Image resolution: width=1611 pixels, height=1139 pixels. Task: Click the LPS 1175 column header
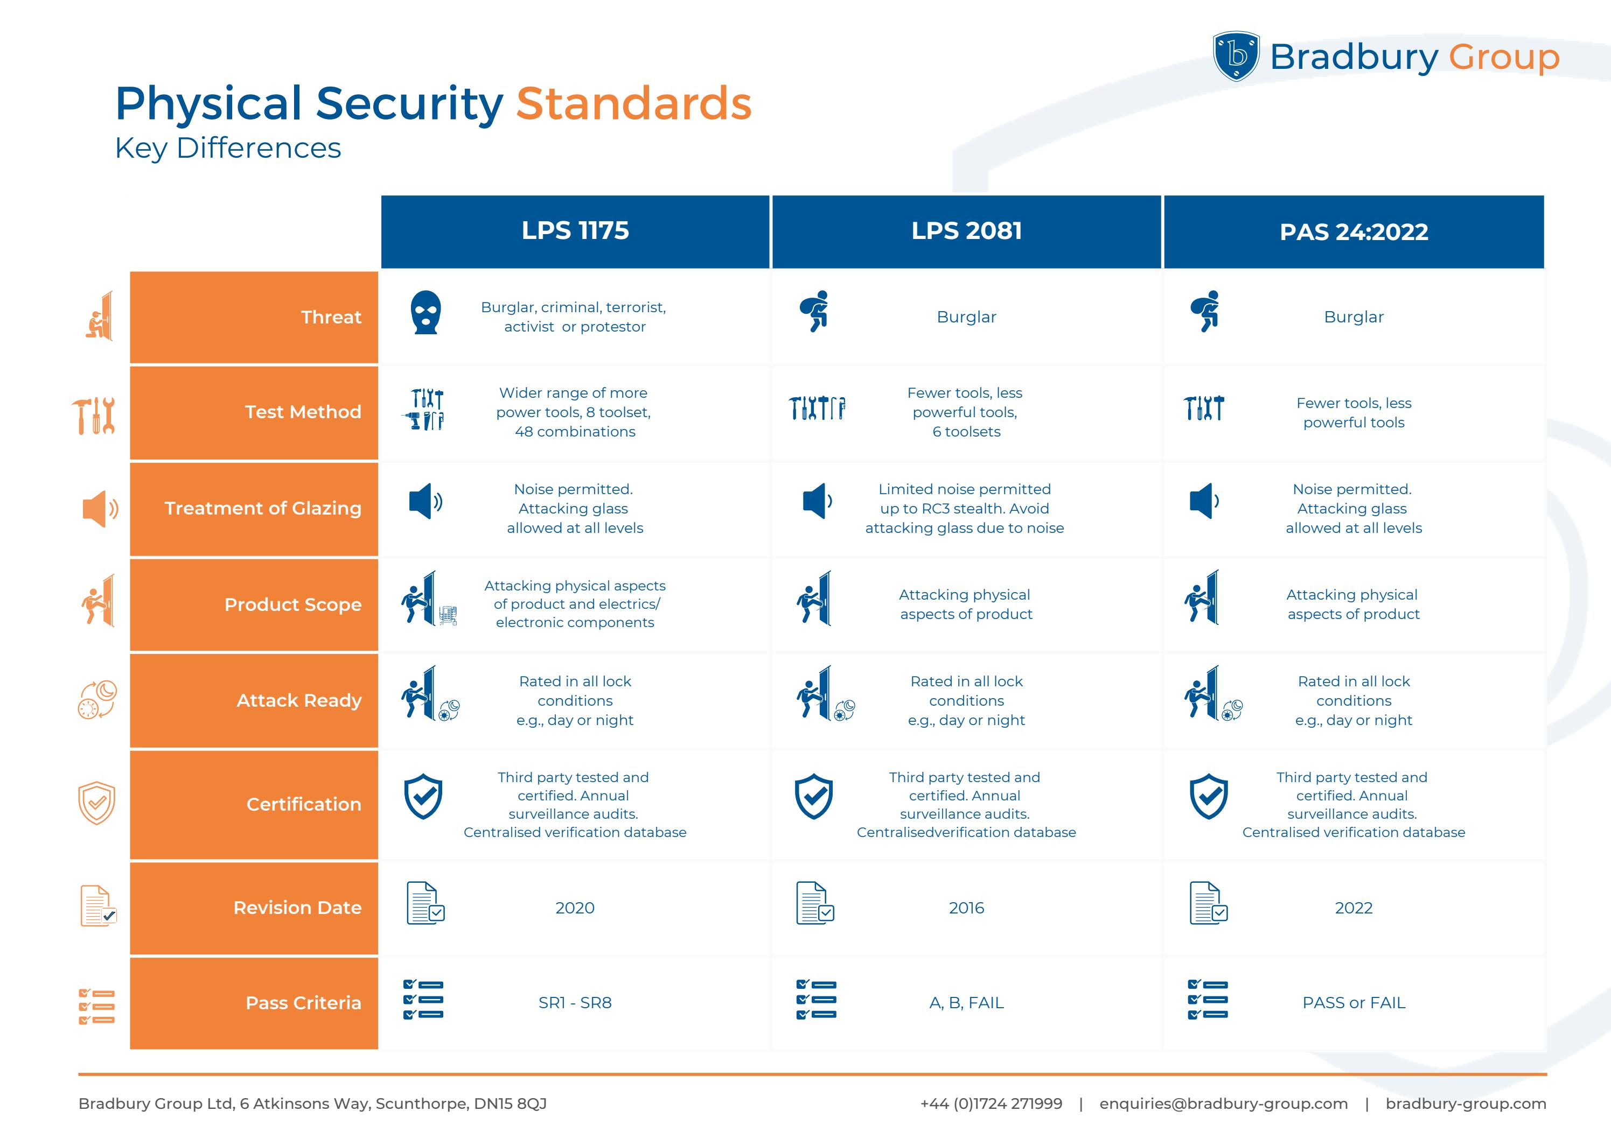(x=575, y=231)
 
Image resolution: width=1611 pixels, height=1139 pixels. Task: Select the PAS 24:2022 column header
(x=1354, y=232)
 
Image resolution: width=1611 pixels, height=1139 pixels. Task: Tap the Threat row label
(x=331, y=317)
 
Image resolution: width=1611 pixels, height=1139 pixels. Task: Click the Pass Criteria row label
(x=303, y=1003)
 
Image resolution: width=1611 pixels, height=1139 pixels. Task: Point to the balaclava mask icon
(x=425, y=313)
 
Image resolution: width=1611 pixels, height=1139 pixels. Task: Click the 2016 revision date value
(x=966, y=908)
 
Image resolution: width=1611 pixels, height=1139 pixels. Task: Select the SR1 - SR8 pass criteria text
(x=575, y=1003)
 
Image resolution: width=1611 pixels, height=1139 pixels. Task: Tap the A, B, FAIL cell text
(x=966, y=1003)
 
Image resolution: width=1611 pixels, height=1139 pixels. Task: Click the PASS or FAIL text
(x=1354, y=1003)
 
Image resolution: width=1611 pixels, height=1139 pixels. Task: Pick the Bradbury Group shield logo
(x=1236, y=56)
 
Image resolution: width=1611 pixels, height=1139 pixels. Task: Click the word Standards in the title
(x=633, y=104)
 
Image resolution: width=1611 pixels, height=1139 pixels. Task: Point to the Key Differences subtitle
(x=228, y=148)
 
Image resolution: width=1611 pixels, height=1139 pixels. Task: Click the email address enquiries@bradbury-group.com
(x=1223, y=1104)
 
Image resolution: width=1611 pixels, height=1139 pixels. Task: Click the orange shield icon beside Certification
(x=96, y=803)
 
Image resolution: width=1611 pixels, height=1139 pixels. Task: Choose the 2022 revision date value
(x=1354, y=908)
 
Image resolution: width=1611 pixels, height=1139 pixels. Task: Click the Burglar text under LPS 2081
(x=966, y=317)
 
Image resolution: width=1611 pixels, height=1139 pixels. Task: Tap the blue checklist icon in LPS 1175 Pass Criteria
(x=423, y=1000)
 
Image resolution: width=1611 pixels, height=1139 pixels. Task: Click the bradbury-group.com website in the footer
(x=1465, y=1104)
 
